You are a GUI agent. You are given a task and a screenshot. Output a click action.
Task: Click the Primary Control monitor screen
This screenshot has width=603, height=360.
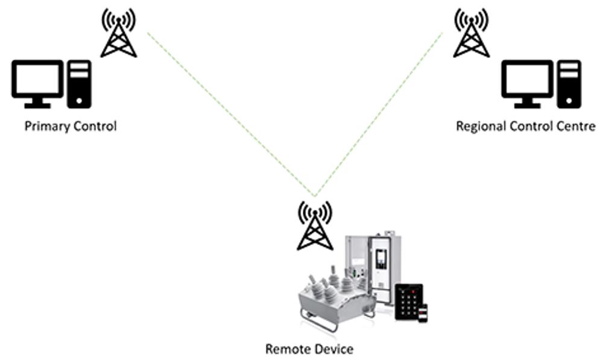click(37, 78)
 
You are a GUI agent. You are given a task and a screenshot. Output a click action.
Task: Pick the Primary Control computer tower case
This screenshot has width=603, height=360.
click(79, 84)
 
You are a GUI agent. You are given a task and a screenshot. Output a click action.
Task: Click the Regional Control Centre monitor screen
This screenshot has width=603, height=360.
click(527, 78)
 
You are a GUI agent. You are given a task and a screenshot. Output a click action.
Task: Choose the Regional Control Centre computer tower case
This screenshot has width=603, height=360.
click(569, 84)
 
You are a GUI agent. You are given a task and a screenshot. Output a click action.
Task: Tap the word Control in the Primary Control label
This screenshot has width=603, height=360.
click(93, 127)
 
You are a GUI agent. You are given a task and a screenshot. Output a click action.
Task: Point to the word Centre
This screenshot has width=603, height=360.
click(578, 127)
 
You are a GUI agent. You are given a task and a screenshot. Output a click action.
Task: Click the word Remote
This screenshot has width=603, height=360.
click(286, 349)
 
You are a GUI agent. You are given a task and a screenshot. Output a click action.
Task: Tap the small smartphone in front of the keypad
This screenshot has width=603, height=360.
click(423, 313)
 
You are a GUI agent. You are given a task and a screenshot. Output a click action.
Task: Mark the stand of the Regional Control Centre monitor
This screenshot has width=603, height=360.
click(527, 103)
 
